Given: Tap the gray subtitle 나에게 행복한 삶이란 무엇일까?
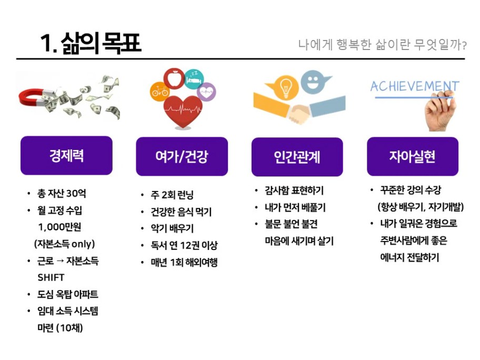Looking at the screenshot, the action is coord(382,45).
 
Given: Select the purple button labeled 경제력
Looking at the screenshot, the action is coord(66,155).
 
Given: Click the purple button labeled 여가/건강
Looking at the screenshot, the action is coord(182,156).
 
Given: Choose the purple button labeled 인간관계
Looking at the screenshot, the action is coord(297,157).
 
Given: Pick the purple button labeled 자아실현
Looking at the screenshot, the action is coord(413,156).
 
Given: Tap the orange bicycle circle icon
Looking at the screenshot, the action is coord(159,91).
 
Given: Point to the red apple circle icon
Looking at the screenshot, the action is coord(174,78).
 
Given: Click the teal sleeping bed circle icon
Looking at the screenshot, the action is coord(194,79).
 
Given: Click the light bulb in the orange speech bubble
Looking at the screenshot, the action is coord(285,87).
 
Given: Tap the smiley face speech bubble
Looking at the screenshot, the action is coord(314,82).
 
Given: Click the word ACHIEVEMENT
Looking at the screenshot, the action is coord(415,86).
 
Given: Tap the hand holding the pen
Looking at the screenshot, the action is coord(440,112).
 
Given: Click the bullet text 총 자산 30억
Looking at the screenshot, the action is coord(62,193).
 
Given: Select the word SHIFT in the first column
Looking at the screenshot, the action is coord(51,277).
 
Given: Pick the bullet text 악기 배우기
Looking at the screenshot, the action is coord(172,228).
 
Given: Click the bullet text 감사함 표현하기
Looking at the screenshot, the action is coord(294,191).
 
